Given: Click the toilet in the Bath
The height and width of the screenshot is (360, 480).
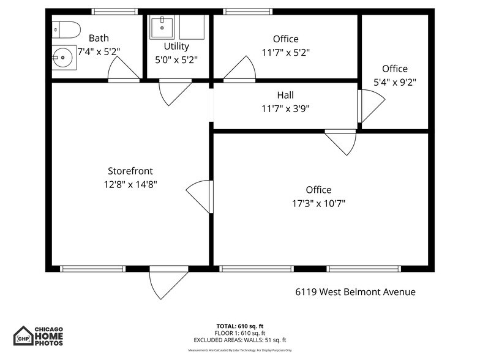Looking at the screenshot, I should [66, 29].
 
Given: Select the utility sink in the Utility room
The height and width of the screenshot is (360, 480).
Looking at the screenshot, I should [162, 27].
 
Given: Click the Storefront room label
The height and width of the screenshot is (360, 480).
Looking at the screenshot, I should [130, 171].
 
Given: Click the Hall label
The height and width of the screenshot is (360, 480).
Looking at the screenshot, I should [285, 95].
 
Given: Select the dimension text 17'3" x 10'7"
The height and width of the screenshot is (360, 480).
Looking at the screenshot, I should [318, 203].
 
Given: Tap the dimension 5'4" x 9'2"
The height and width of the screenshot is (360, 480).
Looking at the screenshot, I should [395, 81].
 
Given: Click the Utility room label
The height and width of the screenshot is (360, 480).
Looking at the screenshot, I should [176, 46].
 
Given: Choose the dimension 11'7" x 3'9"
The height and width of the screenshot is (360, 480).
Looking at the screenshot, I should [285, 108].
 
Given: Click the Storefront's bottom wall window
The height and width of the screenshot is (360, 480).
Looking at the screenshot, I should [93, 269].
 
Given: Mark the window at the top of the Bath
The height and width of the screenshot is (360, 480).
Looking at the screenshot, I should [114, 12].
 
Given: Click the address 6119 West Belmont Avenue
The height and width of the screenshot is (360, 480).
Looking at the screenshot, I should [355, 292].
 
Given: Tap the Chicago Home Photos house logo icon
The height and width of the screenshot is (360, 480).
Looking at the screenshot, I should [23, 336].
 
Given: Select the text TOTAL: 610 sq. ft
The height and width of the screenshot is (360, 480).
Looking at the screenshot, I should [240, 326].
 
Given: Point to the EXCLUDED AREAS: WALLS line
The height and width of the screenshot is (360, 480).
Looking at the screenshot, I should [240, 340].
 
